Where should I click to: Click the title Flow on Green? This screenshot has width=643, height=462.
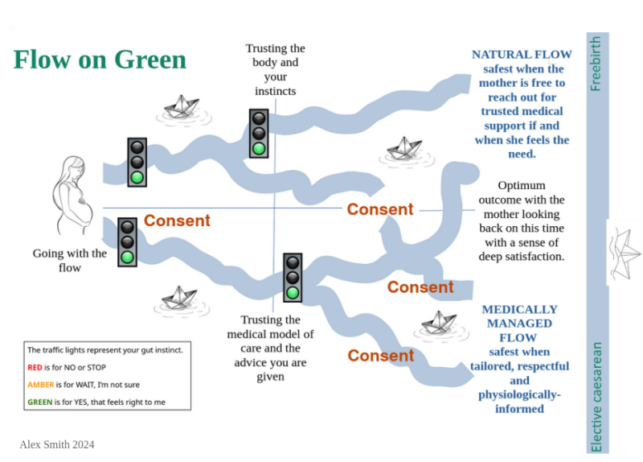coord(100,60)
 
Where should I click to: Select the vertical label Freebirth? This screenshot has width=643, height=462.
coord(596,64)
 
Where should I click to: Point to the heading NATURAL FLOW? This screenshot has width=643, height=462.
coord(522,55)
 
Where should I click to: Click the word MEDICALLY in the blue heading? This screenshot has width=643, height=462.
coord(519,309)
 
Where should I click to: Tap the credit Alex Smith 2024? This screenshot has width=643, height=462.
coord(57,444)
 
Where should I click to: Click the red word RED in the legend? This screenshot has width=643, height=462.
coord(35,367)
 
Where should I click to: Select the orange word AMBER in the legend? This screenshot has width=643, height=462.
coord(41,385)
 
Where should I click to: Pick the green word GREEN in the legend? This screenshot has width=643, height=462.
coord(42,402)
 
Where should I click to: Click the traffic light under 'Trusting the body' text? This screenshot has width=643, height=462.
coord(258,134)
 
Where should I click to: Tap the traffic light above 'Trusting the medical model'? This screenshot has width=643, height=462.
coord(293,278)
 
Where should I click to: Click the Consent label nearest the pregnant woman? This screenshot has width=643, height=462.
coord(177,221)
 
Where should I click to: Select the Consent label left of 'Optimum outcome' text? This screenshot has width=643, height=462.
coord(380,209)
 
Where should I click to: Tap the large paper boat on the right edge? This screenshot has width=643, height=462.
coord(625,251)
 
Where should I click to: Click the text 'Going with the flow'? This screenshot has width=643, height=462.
coord(70,260)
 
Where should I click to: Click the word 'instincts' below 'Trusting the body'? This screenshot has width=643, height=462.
coord(275,91)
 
